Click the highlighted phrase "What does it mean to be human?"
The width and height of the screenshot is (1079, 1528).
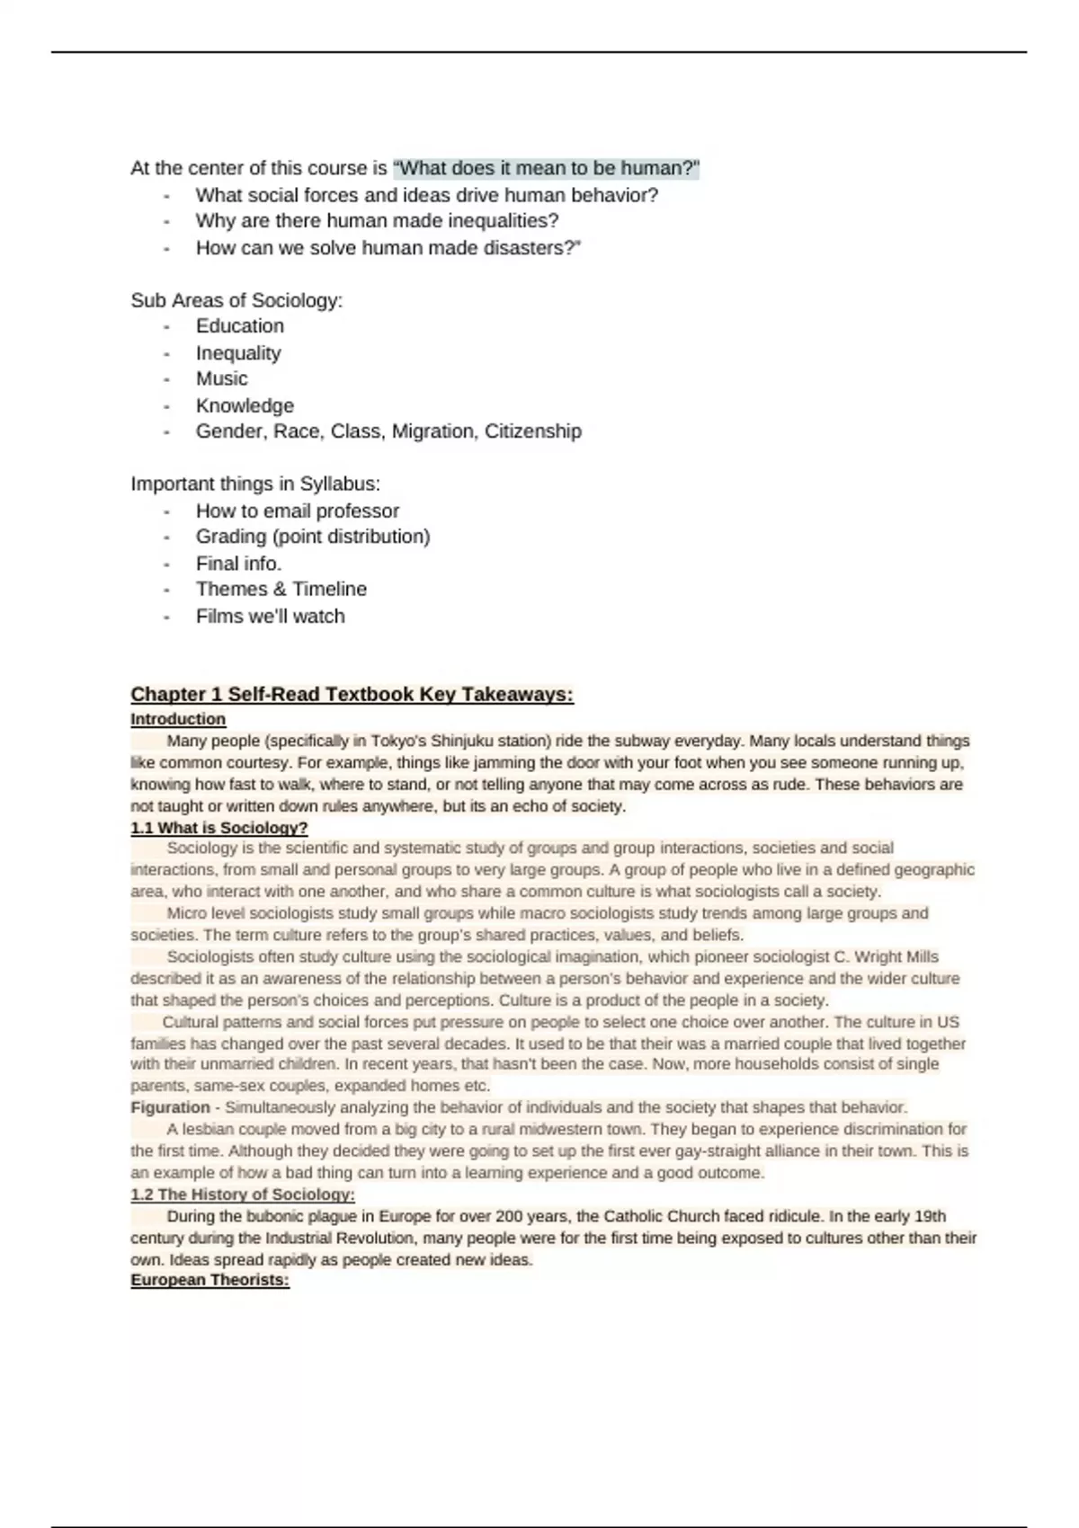(547, 168)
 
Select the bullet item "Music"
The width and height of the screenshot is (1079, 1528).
(221, 378)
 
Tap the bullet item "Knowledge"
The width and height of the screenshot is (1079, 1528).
(245, 405)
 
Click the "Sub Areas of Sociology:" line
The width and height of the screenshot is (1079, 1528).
(236, 300)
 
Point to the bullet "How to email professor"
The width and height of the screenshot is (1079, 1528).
(297, 511)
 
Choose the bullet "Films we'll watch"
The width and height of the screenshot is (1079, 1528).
(270, 616)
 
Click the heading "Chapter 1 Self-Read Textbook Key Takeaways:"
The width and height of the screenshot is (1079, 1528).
(352, 694)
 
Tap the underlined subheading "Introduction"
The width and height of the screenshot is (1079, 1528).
(178, 719)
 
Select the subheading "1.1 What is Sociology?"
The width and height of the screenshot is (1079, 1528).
(218, 827)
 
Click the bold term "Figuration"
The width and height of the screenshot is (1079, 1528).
(170, 1107)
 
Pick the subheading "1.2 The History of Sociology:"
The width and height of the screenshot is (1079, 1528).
(243, 1195)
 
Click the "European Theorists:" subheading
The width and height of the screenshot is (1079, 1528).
(210, 1280)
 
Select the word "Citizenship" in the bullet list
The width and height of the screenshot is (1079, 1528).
(533, 431)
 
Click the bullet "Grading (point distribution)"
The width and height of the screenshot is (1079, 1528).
(313, 537)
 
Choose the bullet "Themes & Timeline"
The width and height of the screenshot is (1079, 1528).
(281, 589)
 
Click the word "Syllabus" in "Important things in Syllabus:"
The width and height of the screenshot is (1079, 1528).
(339, 484)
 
